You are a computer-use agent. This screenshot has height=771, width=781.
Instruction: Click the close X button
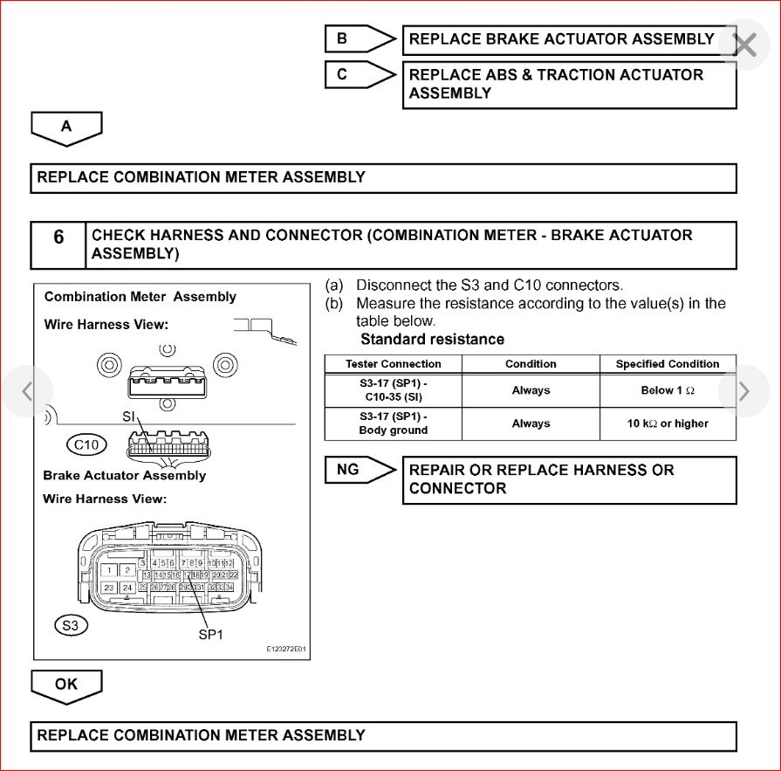click(744, 45)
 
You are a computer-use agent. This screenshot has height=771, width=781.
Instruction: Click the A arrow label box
click(66, 127)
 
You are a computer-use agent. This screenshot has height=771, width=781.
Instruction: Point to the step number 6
click(58, 237)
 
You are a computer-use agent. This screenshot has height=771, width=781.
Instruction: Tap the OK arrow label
click(66, 685)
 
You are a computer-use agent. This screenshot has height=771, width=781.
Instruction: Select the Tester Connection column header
click(394, 364)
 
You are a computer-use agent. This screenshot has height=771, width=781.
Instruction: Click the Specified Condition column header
click(668, 364)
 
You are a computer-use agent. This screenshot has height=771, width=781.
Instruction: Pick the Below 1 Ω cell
click(668, 391)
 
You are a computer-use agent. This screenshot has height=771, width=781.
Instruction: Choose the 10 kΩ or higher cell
click(668, 423)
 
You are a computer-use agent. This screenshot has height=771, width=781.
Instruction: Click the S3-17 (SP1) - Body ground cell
click(394, 423)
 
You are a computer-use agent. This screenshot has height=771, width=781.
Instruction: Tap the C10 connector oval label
click(86, 444)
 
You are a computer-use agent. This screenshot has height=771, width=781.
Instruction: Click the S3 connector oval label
click(71, 625)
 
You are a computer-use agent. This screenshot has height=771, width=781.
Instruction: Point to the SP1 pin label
click(211, 635)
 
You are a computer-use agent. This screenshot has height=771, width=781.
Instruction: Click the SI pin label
click(129, 417)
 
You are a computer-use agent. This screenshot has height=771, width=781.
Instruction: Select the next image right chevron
click(743, 391)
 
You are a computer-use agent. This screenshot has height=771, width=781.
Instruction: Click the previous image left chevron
click(27, 391)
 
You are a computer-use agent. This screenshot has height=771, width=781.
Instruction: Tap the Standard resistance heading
click(432, 339)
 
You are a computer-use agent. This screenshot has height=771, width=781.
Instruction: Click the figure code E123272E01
click(285, 650)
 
